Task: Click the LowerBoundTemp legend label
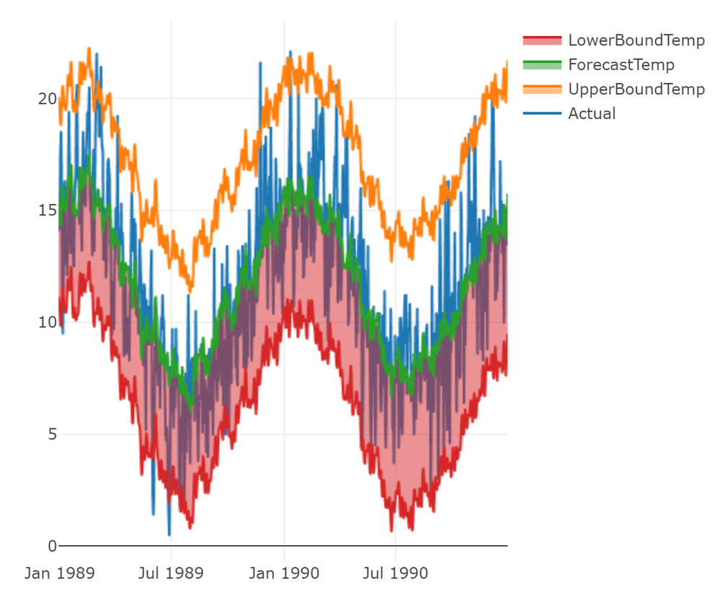(636, 40)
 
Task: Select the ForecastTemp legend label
(621, 65)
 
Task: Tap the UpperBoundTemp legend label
(636, 89)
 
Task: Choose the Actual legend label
(592, 113)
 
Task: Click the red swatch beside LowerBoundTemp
(541, 40)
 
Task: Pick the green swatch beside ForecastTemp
(541, 65)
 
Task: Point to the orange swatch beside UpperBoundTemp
(541, 89)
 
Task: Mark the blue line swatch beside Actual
(541, 113)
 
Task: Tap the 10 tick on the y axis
(48, 322)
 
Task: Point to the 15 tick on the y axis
(48, 211)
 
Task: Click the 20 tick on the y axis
(48, 99)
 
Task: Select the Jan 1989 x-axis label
(59, 574)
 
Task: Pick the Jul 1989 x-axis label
(172, 574)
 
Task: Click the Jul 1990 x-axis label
(396, 574)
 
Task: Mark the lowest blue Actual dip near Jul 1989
(169, 534)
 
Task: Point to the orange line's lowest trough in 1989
(190, 290)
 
